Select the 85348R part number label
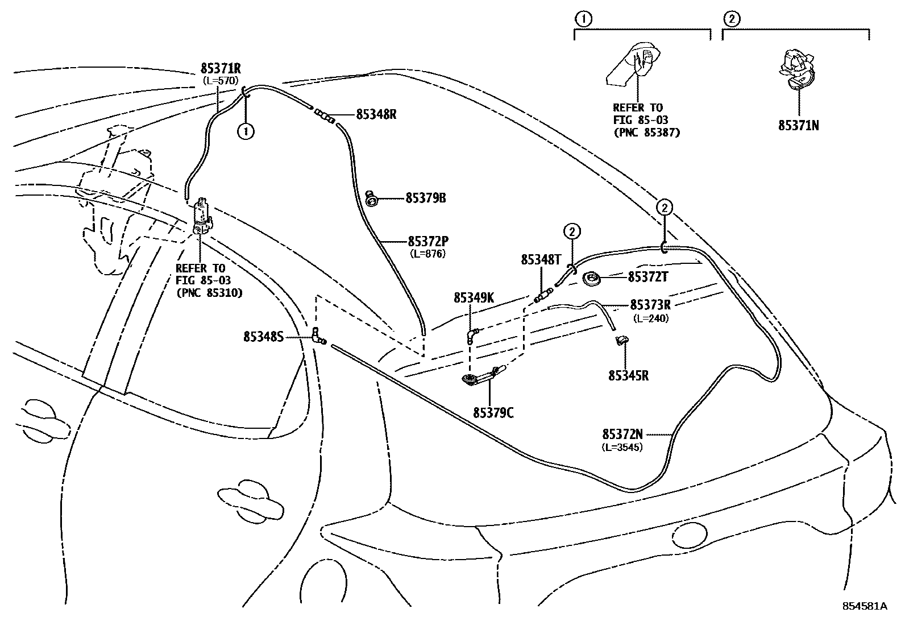click(376, 114)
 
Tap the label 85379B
click(425, 198)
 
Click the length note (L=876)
click(427, 254)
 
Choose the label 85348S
click(263, 337)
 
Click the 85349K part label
click(474, 297)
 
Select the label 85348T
click(541, 259)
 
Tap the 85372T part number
click(647, 277)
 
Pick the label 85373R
click(650, 305)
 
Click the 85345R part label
click(628, 375)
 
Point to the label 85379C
click(493, 413)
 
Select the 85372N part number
click(622, 434)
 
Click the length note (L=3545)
click(622, 447)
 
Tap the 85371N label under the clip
click(798, 125)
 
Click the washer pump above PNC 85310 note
click(202, 217)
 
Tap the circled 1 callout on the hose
click(246, 131)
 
